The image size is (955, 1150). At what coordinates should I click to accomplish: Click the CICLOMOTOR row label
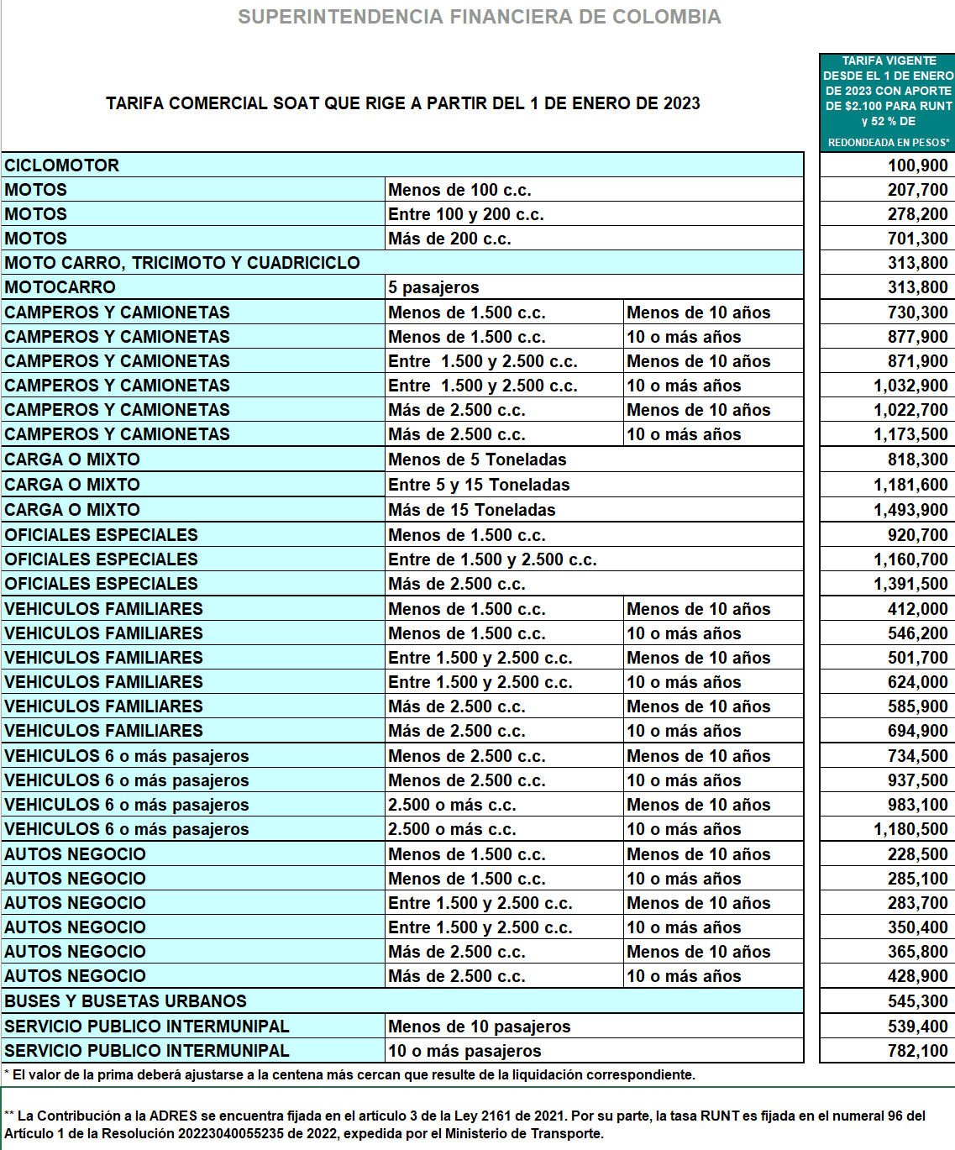pyautogui.click(x=62, y=165)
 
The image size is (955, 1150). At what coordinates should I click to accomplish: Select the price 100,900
pyautogui.click(x=917, y=165)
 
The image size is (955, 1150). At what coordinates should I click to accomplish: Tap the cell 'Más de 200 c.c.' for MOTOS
pyautogui.click(x=449, y=239)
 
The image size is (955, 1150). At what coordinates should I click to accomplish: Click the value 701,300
pyautogui.click(x=917, y=239)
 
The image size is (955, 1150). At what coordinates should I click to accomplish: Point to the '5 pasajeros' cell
pyautogui.click(x=433, y=287)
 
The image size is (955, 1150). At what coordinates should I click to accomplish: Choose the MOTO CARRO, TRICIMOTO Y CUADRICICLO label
pyautogui.click(x=182, y=263)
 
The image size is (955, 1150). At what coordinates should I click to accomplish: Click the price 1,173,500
pyautogui.click(x=910, y=434)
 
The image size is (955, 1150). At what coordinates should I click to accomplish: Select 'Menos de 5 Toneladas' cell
pyautogui.click(x=477, y=459)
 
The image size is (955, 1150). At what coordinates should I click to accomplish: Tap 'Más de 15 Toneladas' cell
pyautogui.click(x=472, y=510)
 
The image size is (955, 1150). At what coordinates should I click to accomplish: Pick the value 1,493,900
pyautogui.click(x=910, y=510)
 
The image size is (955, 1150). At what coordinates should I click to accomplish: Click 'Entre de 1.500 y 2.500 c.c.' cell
pyautogui.click(x=492, y=559)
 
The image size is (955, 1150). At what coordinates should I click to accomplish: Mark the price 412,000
pyautogui.click(x=917, y=609)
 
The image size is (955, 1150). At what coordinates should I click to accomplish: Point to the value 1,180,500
pyautogui.click(x=910, y=829)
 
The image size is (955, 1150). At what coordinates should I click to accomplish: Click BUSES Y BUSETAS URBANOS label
pyautogui.click(x=126, y=1001)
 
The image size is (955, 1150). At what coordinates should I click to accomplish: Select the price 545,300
pyautogui.click(x=917, y=1001)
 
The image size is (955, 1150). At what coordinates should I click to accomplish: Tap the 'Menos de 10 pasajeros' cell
pyautogui.click(x=479, y=1027)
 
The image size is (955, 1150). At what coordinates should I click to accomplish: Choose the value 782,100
pyautogui.click(x=917, y=1051)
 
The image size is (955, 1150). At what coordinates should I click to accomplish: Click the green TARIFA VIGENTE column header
pyautogui.click(x=888, y=101)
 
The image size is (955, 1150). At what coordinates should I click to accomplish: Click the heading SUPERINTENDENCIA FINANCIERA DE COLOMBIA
pyautogui.click(x=479, y=17)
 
